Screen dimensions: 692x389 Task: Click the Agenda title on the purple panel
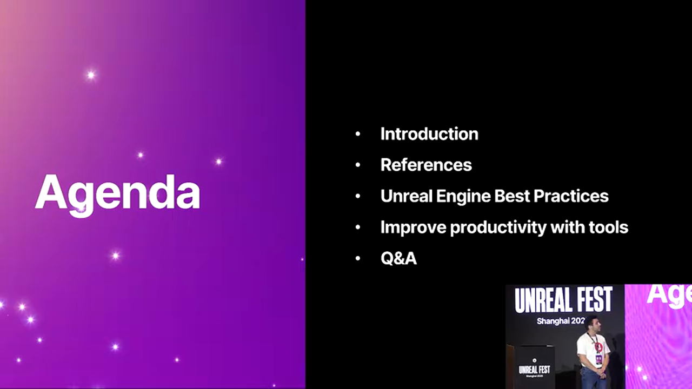point(117,194)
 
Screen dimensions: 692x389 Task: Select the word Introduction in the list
point(429,134)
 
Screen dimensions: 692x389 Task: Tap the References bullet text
point(427,165)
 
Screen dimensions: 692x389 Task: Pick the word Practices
point(571,196)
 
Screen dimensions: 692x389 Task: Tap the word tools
point(608,227)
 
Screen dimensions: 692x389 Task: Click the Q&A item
point(398,258)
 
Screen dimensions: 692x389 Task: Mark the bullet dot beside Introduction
point(358,134)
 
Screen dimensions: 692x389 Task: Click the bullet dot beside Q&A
point(358,258)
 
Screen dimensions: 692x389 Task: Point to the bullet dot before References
point(358,165)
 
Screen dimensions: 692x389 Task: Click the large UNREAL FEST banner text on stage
point(563,299)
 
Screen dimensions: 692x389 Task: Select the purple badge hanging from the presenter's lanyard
point(598,359)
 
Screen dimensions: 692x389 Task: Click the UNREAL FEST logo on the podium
point(535,370)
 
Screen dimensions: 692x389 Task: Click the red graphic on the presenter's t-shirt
point(598,347)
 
